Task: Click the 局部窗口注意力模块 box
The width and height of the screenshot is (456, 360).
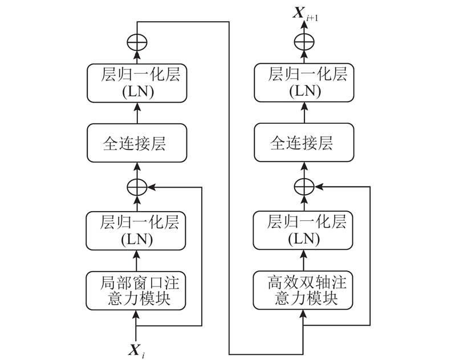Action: point(136,290)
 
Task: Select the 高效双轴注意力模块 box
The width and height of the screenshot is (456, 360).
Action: point(304,290)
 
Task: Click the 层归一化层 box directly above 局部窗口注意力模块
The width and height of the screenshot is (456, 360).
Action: point(136,230)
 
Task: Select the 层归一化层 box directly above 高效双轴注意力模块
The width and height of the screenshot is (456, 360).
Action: point(304,230)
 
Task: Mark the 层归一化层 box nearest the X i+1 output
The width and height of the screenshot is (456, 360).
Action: point(304,82)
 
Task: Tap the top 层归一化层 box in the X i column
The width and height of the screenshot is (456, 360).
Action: point(136,82)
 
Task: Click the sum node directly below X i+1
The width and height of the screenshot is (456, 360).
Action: point(304,42)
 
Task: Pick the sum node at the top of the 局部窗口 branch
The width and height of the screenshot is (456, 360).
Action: point(137,42)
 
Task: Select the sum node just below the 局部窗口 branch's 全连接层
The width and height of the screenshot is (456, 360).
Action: point(137,187)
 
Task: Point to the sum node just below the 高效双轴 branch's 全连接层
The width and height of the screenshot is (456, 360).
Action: point(304,187)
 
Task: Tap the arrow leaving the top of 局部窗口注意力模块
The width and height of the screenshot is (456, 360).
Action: point(136,260)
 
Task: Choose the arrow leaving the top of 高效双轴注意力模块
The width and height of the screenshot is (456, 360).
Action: point(304,260)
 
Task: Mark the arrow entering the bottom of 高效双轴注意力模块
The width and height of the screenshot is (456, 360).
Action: point(304,319)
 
